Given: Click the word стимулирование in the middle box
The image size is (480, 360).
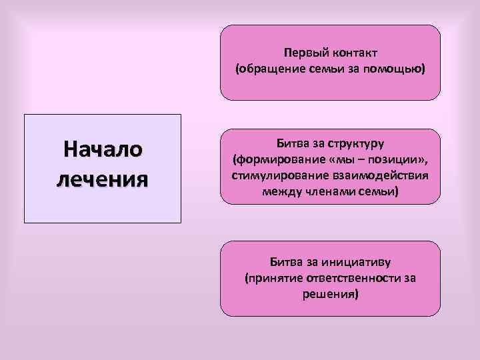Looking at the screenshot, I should click(x=273, y=176).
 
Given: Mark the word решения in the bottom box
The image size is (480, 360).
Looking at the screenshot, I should click(x=330, y=293).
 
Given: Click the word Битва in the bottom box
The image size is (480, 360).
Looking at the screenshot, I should click(x=285, y=262).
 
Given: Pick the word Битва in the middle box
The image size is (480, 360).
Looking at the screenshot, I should click(x=291, y=144).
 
